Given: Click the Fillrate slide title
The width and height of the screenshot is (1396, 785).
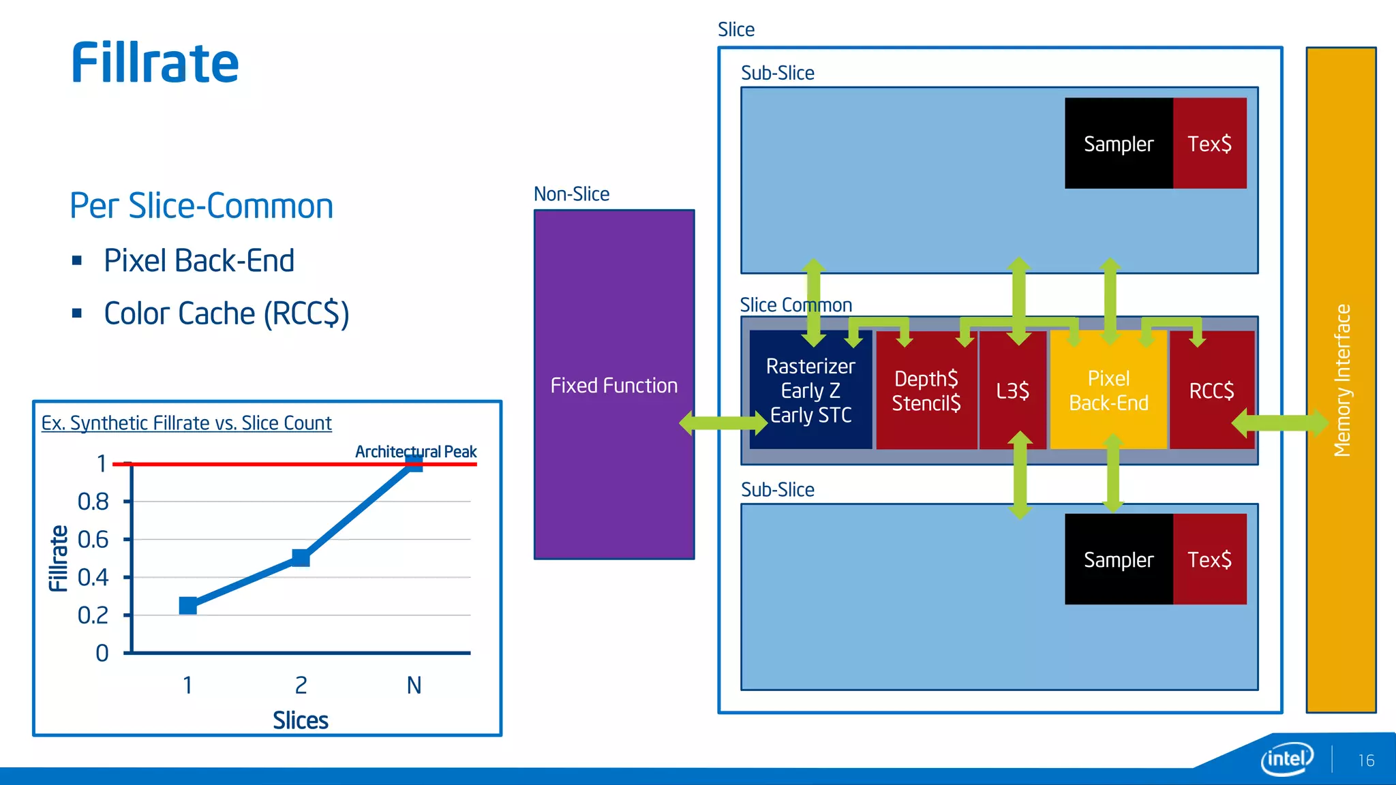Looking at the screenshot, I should [155, 63].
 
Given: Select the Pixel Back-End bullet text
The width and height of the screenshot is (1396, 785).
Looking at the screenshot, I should [198, 260].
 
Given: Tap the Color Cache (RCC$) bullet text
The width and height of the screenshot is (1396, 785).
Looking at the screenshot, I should [226, 314].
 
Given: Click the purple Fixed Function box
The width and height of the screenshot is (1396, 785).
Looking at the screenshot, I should [613, 307].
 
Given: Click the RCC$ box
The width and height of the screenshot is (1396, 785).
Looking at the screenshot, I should [1211, 391].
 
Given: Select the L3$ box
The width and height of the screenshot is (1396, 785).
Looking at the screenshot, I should [1012, 391].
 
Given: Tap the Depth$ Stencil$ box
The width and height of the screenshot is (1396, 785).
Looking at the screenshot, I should [926, 391].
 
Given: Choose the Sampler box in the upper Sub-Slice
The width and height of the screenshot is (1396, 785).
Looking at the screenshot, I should [1118, 144].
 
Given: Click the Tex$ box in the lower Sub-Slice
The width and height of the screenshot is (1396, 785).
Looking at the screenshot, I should [1209, 559].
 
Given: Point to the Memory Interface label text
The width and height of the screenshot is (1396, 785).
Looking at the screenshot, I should [1341, 380].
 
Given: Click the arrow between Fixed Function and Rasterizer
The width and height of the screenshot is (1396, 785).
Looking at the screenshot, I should [723, 423].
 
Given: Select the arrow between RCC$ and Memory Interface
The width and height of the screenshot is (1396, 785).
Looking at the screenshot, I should [1280, 423].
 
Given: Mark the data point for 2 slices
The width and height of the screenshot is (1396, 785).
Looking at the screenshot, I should [301, 558].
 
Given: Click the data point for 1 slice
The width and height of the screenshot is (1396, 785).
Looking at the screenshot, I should [188, 605].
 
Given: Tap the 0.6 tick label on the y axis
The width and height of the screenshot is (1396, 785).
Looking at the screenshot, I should [93, 540].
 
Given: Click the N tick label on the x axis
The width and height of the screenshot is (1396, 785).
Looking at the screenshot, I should [414, 685].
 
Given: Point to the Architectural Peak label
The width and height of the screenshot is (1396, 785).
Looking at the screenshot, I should [416, 452].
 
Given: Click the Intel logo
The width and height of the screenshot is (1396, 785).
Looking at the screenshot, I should [1287, 758].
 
